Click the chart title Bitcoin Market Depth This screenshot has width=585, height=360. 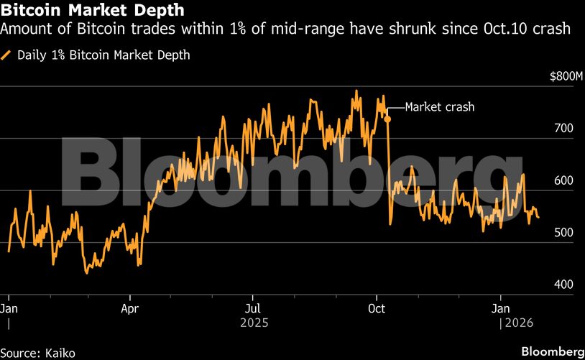93,11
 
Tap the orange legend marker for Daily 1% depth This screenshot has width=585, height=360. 7,55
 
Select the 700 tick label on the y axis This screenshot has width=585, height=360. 563,129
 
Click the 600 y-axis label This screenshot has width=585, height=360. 563,181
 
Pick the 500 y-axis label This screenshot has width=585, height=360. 563,233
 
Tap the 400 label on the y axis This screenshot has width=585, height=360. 563,285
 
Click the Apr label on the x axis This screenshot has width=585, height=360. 130,308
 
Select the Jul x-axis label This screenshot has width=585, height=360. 252,308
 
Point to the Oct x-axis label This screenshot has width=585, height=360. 377,308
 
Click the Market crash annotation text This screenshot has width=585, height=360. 440,107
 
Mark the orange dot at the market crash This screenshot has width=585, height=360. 387,118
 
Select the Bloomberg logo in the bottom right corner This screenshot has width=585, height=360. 552,352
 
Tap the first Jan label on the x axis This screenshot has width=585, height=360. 9,308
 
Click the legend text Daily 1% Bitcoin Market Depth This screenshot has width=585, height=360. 103,55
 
